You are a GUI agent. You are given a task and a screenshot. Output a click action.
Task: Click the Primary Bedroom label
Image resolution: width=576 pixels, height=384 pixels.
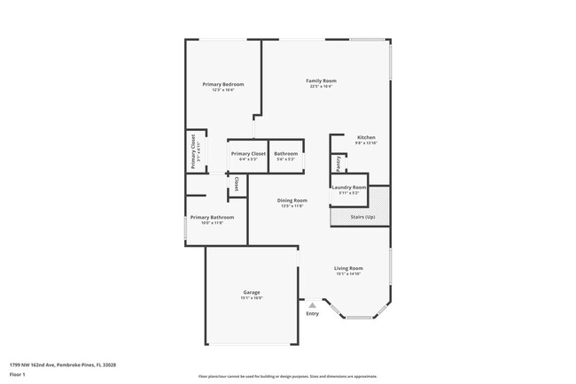click(222, 84)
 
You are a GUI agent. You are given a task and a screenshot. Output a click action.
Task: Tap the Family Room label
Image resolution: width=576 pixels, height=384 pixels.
click(322, 81)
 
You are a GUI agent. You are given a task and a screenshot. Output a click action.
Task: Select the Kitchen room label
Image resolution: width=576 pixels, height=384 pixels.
click(366, 137)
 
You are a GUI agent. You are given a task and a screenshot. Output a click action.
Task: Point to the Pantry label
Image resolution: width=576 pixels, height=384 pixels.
click(339, 164)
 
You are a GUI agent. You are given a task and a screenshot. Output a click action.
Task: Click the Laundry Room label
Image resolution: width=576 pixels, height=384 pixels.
click(348, 188)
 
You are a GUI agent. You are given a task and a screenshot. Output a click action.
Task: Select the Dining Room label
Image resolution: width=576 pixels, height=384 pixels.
click(292, 200)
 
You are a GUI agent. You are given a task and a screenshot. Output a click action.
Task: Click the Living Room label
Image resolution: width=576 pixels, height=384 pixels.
click(348, 268)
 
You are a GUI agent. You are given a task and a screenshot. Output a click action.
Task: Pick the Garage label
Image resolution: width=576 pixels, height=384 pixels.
click(251, 292)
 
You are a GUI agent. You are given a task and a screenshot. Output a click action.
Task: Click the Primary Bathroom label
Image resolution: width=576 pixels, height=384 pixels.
click(212, 217)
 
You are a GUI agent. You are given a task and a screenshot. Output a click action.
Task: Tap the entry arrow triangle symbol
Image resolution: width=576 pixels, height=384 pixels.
click(312, 304)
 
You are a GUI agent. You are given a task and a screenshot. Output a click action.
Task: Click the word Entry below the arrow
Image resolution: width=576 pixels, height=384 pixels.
click(312, 313)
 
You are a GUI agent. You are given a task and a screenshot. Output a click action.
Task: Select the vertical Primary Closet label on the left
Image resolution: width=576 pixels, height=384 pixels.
click(193, 151)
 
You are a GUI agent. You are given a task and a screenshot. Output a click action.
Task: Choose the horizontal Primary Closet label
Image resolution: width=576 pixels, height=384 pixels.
click(248, 154)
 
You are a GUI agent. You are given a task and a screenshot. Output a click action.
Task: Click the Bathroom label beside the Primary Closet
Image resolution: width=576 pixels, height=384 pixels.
click(285, 154)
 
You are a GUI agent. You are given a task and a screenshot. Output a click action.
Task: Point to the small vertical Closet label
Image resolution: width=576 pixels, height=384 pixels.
click(237, 184)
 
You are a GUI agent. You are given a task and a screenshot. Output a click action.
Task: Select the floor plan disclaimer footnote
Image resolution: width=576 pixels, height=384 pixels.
click(287, 375)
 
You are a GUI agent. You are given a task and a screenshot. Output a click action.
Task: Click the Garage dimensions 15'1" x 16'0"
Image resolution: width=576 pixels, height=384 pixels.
click(251, 298)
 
